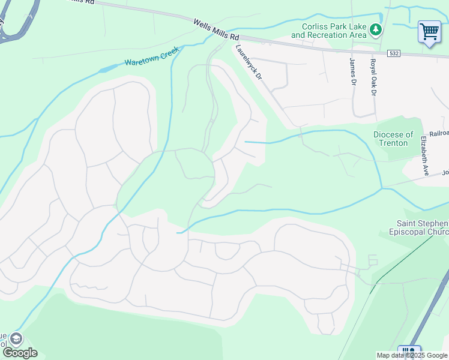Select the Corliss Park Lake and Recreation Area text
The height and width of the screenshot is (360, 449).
click(328, 31)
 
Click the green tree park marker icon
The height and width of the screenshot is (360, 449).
click(376, 29)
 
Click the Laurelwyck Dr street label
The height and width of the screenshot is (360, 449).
click(249, 64)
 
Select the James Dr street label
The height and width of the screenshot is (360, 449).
click(353, 71)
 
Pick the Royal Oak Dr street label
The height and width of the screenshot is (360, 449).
click(373, 77)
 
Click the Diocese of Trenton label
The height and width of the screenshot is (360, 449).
click(393, 139)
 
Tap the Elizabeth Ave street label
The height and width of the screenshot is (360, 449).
click(424, 156)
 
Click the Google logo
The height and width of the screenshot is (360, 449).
click(20, 353)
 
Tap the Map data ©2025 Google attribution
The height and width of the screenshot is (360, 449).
click(412, 355)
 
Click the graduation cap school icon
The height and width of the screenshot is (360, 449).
click(16, 338)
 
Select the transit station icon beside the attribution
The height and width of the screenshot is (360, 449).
click(409, 352)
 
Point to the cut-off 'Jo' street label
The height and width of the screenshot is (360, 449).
click(445, 173)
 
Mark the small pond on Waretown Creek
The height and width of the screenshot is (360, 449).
click(103, 70)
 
